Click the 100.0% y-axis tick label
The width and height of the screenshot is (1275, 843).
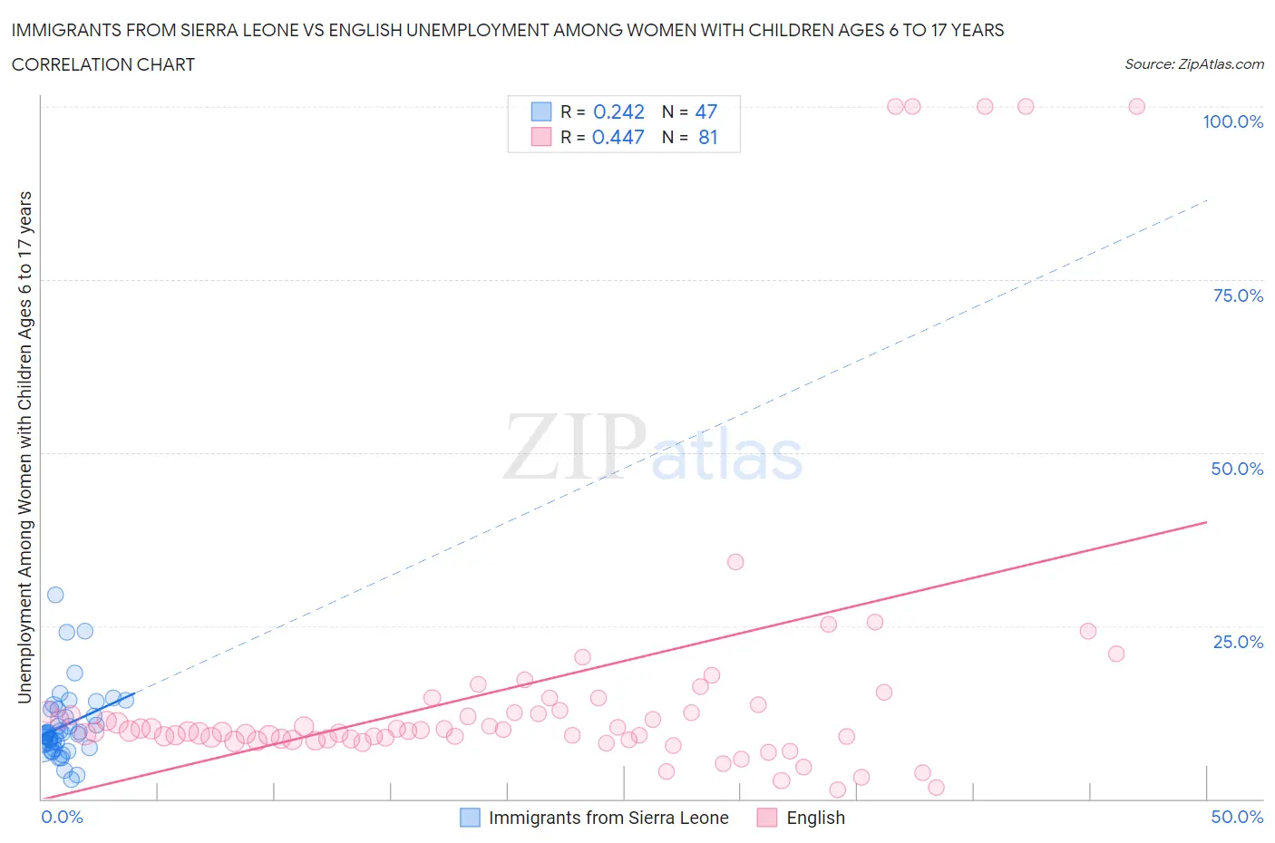1232,122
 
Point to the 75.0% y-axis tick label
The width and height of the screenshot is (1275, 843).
1238,296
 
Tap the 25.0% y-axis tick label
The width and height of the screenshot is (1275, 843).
1238,642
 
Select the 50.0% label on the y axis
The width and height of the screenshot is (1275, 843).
1237,469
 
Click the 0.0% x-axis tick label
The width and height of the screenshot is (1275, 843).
62,817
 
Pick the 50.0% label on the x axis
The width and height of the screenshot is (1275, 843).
1237,817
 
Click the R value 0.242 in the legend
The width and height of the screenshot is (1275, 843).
618,111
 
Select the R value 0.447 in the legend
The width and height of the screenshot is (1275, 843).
618,137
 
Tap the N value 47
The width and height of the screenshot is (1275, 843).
706,111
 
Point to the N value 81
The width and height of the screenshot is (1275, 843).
707,137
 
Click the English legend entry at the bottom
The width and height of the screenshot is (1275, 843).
815,818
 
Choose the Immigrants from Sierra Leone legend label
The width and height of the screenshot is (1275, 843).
608,818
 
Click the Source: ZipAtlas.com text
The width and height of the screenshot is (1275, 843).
1193,64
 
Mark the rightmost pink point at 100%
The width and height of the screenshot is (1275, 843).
1136,106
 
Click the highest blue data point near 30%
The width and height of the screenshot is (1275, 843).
55,595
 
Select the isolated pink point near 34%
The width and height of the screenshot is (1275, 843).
735,562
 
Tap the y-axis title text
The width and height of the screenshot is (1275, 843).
24,447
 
